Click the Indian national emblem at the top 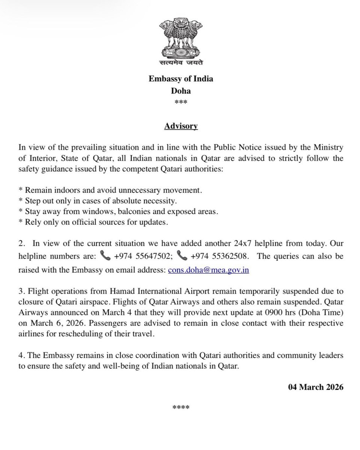click(181, 38)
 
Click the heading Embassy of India click(181, 79)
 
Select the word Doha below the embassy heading click(181, 91)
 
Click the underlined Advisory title click(181, 126)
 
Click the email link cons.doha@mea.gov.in click(208, 270)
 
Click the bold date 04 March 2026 click(316, 387)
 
